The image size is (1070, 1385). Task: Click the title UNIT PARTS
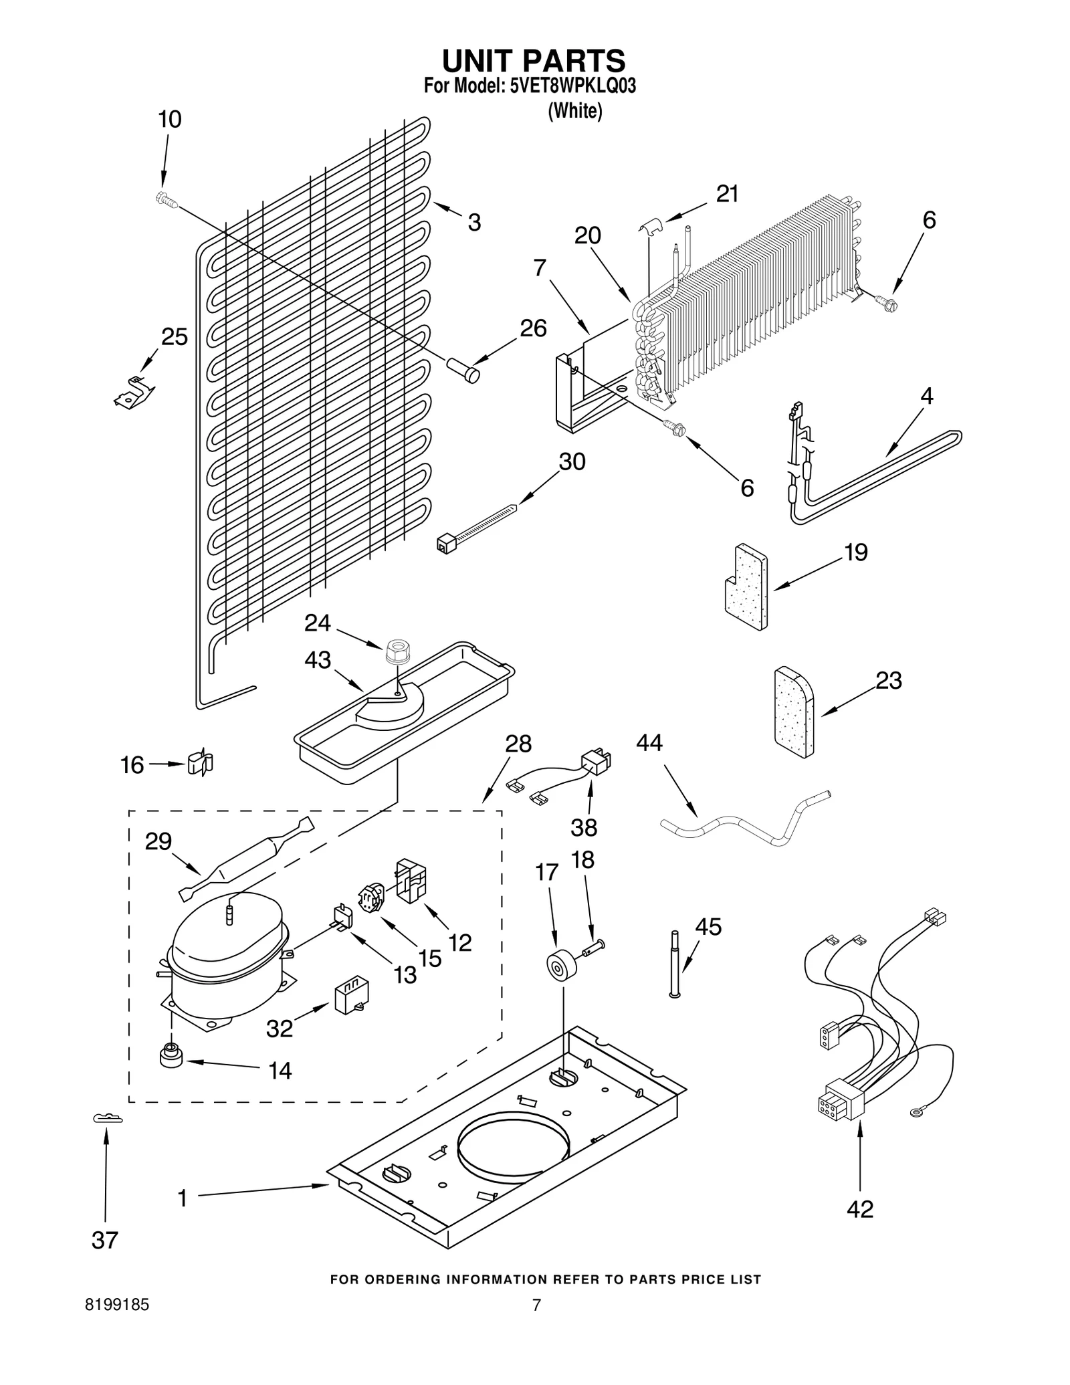pyautogui.click(x=533, y=61)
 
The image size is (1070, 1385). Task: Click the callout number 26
pyautogui.click(x=533, y=328)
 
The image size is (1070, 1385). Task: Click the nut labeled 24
pyautogui.click(x=397, y=650)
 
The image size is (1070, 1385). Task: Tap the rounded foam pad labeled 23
pyautogui.click(x=794, y=712)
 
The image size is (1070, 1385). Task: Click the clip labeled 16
pyautogui.click(x=201, y=763)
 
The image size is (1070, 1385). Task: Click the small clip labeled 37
pyautogui.click(x=107, y=1118)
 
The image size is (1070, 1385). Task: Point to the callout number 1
pyautogui.click(x=182, y=1198)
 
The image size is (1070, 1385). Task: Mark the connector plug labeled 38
pyautogui.click(x=597, y=762)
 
